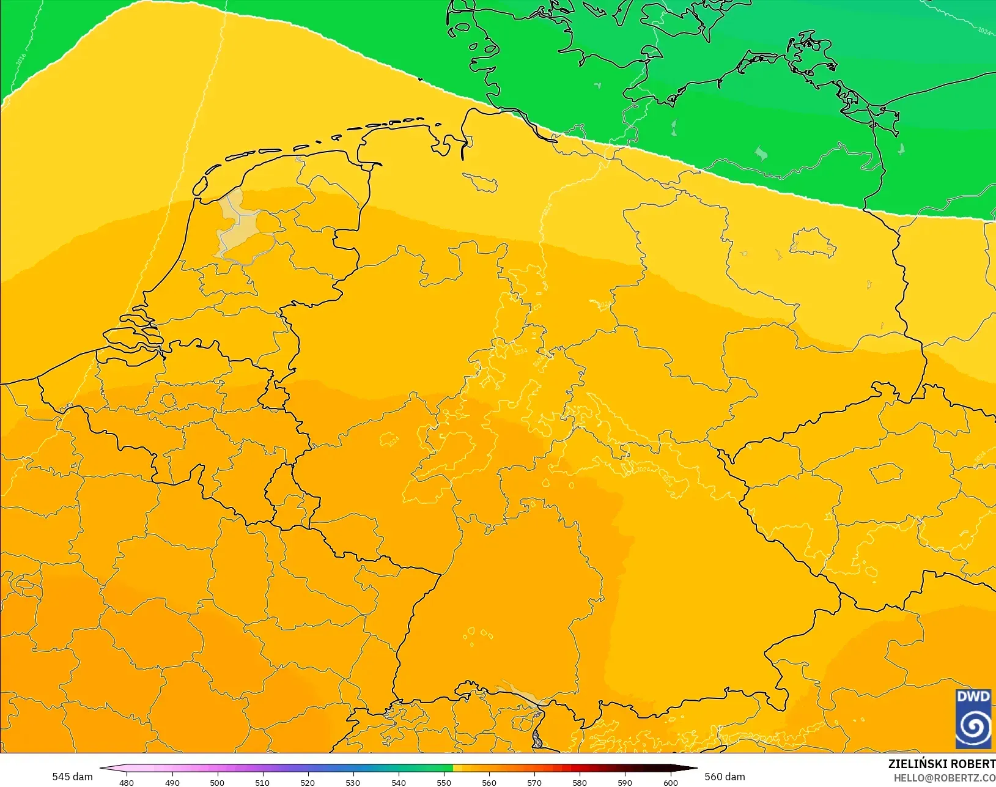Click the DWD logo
point(973,719)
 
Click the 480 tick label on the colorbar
point(127,782)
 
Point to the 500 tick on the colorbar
point(217,782)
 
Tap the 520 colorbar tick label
point(308,782)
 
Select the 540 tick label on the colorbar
point(398,782)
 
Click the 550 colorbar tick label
point(444,782)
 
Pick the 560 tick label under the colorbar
point(489,782)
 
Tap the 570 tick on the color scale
point(534,782)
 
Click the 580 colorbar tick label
point(580,782)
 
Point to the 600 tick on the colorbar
point(671,782)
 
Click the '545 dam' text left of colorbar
point(72,777)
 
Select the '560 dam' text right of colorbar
point(725,777)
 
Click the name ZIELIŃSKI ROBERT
point(942,764)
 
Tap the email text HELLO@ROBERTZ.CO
point(945,778)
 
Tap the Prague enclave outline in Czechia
point(887,473)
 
